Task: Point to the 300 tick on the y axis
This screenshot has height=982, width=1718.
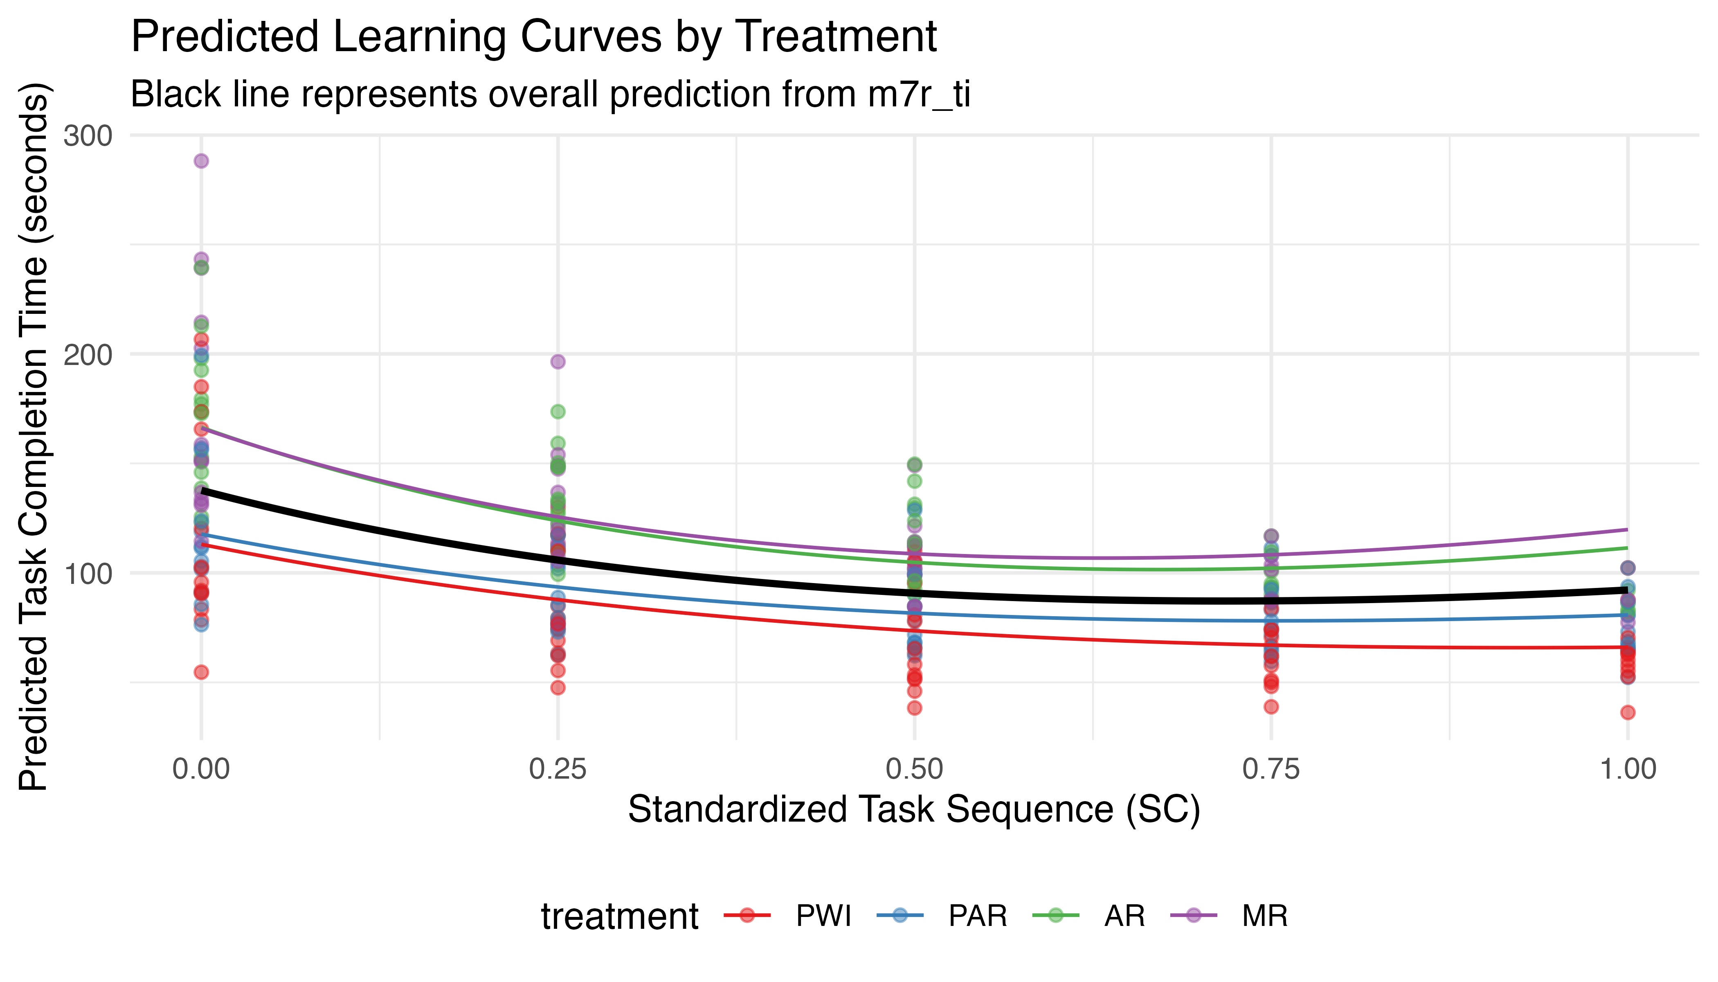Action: click(88, 135)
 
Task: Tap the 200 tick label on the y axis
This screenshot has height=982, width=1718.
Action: click(88, 355)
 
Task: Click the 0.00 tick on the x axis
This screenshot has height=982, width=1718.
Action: click(201, 769)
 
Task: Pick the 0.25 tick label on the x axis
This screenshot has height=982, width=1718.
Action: click(558, 769)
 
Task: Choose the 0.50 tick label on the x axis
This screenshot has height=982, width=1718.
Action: click(914, 769)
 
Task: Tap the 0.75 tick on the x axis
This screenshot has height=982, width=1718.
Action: click(1271, 769)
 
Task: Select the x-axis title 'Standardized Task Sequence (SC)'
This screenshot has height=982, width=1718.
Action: click(914, 809)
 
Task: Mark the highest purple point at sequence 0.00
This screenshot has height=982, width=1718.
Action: click(201, 160)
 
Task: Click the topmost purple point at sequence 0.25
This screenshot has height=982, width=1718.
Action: click(558, 362)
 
